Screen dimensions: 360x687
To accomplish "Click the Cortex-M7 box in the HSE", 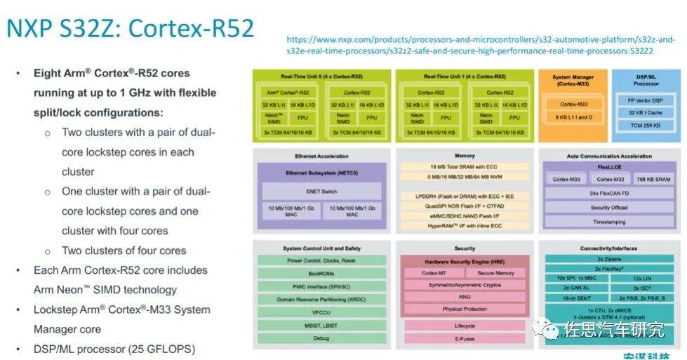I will click(x=434, y=273).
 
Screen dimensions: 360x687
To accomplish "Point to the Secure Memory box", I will click(x=495, y=273).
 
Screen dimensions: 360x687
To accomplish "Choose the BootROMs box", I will click(x=321, y=274).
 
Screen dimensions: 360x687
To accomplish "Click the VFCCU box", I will click(x=321, y=312).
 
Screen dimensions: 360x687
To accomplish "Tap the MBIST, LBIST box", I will click(x=321, y=325).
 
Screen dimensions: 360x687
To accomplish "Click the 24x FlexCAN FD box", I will click(x=608, y=193).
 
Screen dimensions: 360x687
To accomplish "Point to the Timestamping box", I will click(x=608, y=221).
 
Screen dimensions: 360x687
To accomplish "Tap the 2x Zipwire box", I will click(x=608, y=259).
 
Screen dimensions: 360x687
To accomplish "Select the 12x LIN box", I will click(x=641, y=279).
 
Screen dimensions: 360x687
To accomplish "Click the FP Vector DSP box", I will click(x=645, y=100).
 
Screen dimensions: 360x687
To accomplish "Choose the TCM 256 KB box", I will click(x=645, y=125).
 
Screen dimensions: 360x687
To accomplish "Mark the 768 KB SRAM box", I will click(x=652, y=180).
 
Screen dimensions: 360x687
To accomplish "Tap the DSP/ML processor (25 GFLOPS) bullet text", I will click(x=114, y=349).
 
